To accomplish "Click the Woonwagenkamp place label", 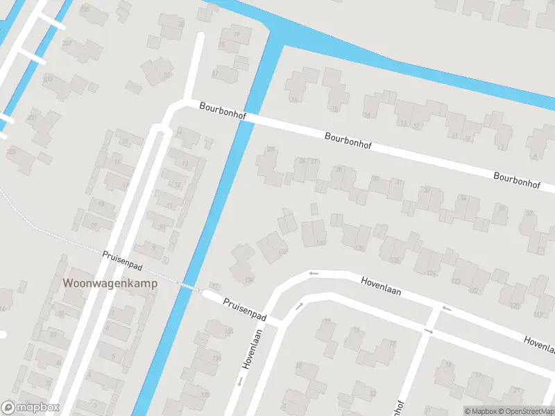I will [x=110, y=283].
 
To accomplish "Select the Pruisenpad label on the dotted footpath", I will [x=122, y=261].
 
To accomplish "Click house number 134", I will [x=249, y=281].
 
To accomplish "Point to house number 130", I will [x=320, y=243].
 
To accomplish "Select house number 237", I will [x=67, y=43].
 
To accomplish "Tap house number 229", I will [x=48, y=79].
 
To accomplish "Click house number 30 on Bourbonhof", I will [x=375, y=179].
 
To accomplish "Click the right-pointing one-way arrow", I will [x=428, y=332].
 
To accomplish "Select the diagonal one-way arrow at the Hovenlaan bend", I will [x=300, y=306].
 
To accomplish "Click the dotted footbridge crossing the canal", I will [x=189, y=286].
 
